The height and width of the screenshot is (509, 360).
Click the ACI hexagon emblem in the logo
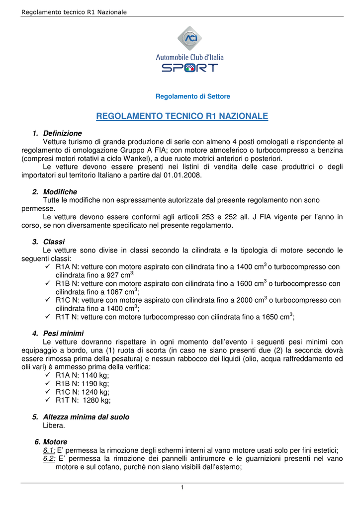(189, 38)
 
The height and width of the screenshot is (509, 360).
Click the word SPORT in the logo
(189, 68)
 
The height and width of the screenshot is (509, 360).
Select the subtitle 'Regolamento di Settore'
(193, 96)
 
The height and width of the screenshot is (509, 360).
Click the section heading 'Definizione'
(63, 133)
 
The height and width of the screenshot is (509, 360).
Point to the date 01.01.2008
(182, 175)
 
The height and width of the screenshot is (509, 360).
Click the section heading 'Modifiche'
(60, 191)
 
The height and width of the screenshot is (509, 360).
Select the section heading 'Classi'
(54, 242)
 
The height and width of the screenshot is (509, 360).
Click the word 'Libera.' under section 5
(54, 425)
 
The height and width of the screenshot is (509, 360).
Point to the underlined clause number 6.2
(49, 459)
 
